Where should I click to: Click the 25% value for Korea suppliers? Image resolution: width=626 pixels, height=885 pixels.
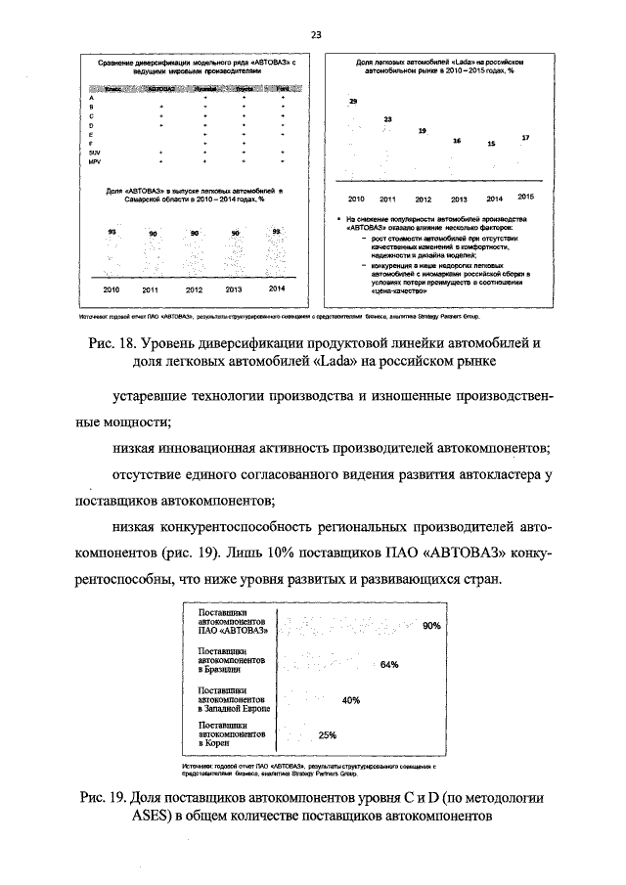tap(328, 735)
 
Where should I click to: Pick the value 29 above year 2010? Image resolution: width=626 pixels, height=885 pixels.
tap(353, 102)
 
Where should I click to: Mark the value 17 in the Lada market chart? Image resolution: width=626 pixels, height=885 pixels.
tap(525, 138)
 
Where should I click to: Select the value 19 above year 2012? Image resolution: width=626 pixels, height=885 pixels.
tap(422, 130)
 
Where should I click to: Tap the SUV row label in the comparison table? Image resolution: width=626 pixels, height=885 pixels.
tap(94, 154)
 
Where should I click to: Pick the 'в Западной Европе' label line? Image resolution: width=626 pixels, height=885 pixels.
tap(234, 707)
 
